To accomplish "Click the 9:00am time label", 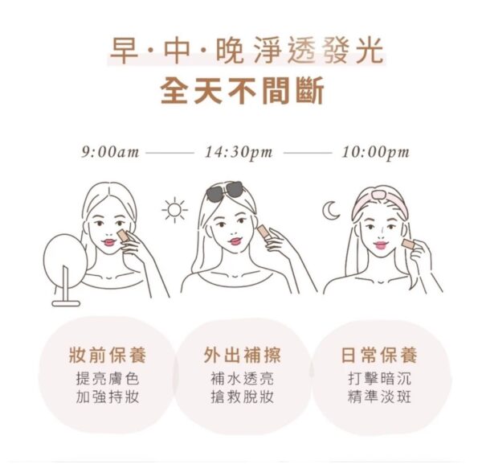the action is [110, 152].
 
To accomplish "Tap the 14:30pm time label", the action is [239, 153].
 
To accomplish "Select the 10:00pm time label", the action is [376, 153].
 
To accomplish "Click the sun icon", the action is [174, 210].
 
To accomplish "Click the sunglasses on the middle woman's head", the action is [224, 190].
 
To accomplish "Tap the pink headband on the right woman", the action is [381, 199].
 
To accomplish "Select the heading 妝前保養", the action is [108, 355].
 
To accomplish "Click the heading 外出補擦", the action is [243, 355].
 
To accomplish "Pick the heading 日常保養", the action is [379, 355].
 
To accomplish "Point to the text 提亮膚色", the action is [108, 378].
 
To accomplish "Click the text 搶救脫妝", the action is [243, 397].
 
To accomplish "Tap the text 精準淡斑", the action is [379, 397].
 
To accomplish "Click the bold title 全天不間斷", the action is [243, 91].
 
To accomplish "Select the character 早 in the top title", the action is [124, 51].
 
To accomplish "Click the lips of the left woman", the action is [108, 242].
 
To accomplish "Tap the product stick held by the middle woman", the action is [263, 234].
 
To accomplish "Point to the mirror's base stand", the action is [66, 303].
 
